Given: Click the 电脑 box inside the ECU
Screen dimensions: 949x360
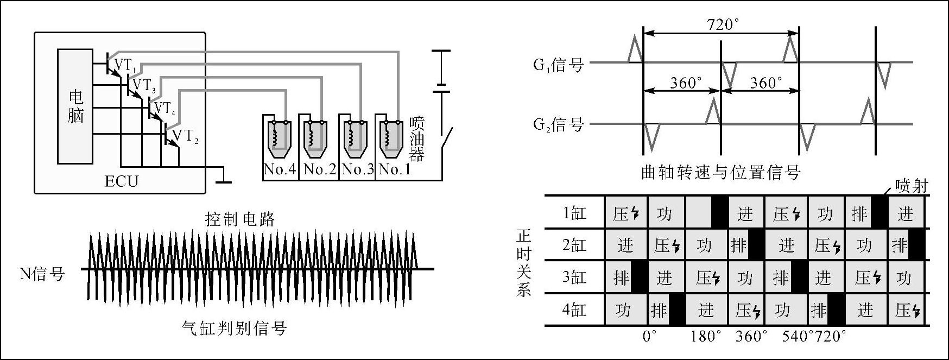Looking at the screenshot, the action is click(x=75, y=106).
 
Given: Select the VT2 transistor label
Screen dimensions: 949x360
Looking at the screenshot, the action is click(x=185, y=136).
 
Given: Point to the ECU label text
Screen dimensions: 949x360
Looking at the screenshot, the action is click(x=122, y=181).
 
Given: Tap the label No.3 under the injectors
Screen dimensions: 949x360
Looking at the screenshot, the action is click(x=357, y=169).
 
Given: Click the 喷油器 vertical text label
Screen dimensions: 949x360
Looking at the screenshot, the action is click(x=416, y=139).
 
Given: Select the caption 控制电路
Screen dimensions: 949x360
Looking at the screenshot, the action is click(x=240, y=219).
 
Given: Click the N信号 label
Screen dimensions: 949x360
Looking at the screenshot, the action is click(x=42, y=274).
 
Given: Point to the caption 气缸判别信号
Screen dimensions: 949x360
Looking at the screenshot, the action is click(x=234, y=328).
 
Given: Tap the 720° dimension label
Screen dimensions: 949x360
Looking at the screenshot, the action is click(x=723, y=24).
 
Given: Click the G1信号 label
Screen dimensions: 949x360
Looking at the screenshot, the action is click(x=558, y=65).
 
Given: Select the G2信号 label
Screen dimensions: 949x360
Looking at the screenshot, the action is click(x=558, y=125).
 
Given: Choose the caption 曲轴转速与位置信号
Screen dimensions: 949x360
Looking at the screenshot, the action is click(x=720, y=173).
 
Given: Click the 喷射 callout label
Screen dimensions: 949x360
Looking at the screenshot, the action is click(x=912, y=186).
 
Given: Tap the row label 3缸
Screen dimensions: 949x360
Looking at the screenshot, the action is click(x=574, y=277).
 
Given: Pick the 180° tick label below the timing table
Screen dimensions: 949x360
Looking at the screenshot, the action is click(x=706, y=337).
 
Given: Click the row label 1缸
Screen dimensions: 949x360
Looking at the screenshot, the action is click(x=574, y=213).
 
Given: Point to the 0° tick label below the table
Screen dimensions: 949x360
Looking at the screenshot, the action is click(x=649, y=337).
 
